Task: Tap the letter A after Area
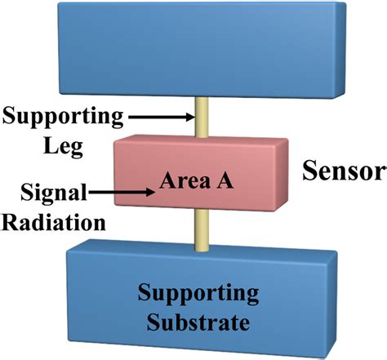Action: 226,181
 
